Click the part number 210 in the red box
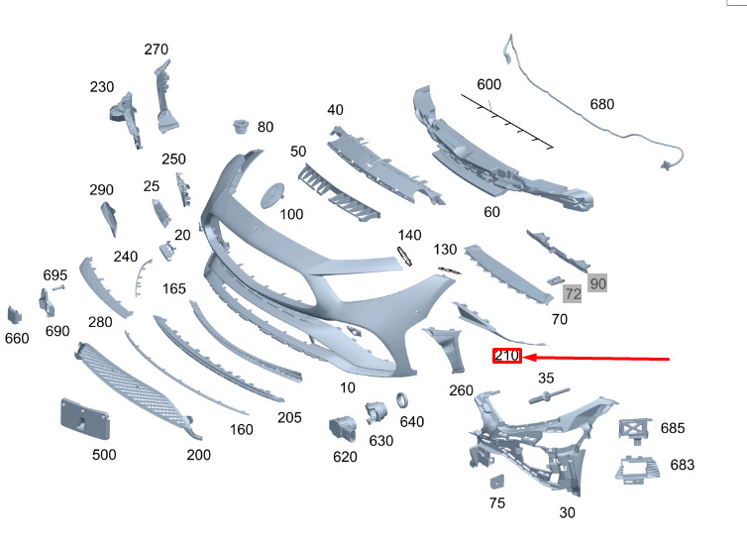coord(507,357)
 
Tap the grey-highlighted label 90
coord(597,283)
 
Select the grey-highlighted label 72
coord(573,294)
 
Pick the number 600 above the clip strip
coord(488,84)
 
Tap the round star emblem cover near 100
coord(272,194)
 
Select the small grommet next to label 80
coord(239,127)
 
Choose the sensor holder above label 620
coord(342,427)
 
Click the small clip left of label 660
coord(15,315)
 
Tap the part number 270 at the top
coord(157,50)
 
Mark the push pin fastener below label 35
coord(545,398)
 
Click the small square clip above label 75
coord(496,481)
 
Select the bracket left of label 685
coord(633,429)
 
